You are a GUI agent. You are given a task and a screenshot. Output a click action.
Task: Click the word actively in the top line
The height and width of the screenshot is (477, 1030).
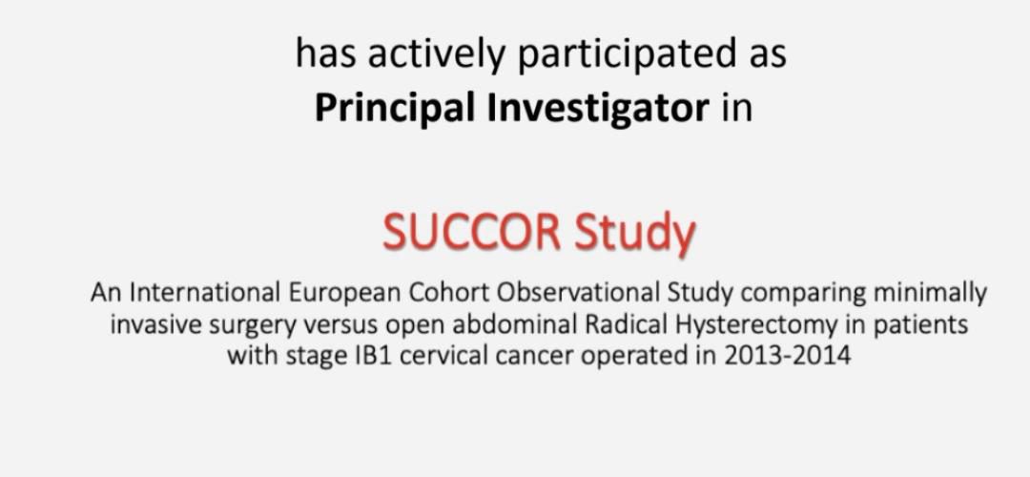coord(437,53)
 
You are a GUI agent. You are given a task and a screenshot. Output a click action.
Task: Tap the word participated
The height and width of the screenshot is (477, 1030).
coord(627,53)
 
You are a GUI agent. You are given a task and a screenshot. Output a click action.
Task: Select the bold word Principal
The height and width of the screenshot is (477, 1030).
coord(396,109)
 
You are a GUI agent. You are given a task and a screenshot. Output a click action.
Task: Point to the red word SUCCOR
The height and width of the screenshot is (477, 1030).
coord(472,233)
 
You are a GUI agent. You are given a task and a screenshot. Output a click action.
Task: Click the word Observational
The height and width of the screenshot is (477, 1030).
coord(579,293)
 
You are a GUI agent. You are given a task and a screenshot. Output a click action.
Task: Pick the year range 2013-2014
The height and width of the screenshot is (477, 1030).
coord(787,356)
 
